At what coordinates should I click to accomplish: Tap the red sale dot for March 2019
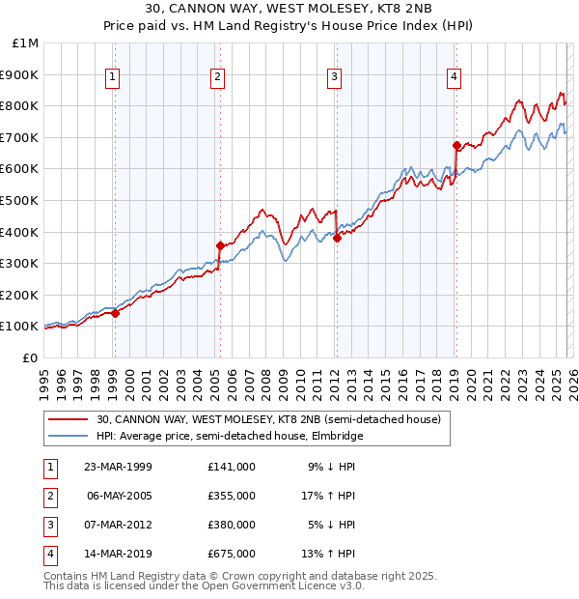coord(455,145)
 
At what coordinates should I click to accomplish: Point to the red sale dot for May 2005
coord(220,245)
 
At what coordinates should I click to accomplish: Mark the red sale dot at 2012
coord(337,238)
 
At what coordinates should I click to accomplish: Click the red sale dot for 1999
coord(115,313)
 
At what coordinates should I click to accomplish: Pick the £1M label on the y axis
coord(26,43)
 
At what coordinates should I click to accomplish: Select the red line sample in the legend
coord(68,419)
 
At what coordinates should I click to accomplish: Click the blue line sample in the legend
coord(68,436)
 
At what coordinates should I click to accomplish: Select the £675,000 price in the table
coord(232,554)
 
